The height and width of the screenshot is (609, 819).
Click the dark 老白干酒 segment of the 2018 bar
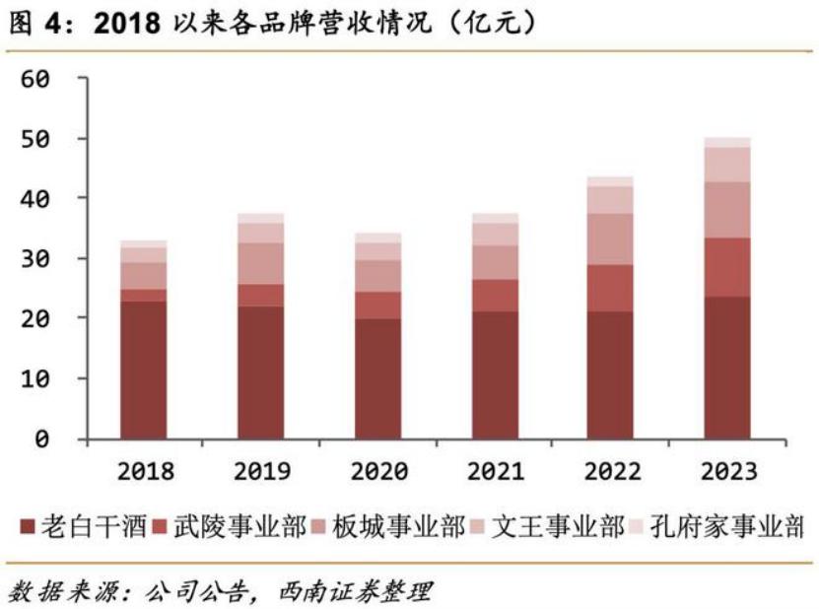click(144, 370)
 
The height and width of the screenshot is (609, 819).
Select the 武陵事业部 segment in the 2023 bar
click(727, 267)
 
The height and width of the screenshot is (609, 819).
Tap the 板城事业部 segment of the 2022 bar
click(611, 238)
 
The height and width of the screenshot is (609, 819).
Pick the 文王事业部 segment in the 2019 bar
click(260, 233)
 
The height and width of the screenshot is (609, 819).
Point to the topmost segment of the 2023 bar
click(727, 142)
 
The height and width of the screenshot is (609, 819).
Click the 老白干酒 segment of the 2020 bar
click(377, 378)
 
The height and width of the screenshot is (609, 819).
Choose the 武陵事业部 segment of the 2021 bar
click(494, 296)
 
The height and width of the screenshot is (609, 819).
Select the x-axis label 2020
click(377, 472)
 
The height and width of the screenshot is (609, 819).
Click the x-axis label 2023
click(727, 472)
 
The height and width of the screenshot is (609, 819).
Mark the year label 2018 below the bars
click(144, 472)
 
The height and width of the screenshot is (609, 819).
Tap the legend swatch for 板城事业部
click(328, 528)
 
